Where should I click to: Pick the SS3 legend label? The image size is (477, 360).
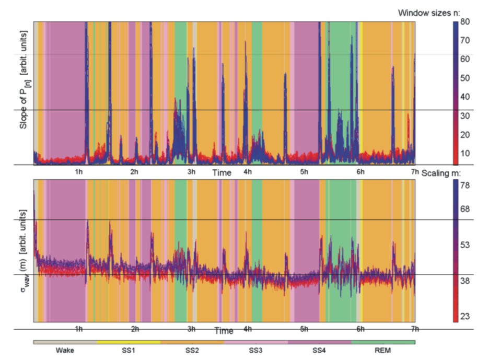point(255,351)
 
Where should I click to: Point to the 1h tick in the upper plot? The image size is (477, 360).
point(79,171)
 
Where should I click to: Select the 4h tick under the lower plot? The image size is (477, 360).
point(247,329)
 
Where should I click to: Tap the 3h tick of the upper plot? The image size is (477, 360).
point(191,171)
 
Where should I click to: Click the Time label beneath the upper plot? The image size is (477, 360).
point(222,172)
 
